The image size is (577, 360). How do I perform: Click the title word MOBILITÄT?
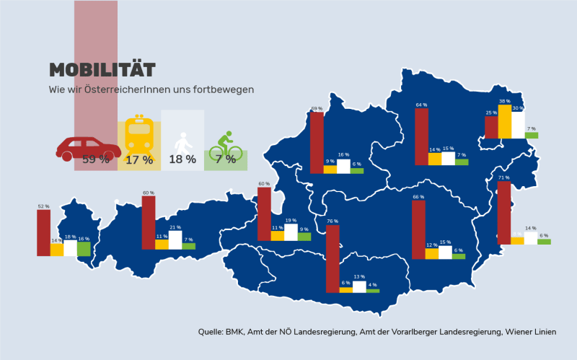tap(102, 70)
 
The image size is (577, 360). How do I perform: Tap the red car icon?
tap(88, 149)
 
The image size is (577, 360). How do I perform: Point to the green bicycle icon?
tap(226, 146)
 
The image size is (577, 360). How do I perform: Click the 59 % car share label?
tap(96, 159)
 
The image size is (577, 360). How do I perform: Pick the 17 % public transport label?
tap(139, 159)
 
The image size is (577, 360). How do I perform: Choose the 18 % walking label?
tap(182, 159)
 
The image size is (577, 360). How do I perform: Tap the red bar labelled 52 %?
tap(43, 232)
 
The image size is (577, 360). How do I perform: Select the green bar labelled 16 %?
tap(84, 248)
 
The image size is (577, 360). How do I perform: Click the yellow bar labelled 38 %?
tap(505, 121)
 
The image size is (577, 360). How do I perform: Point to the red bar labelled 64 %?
tap(421, 136)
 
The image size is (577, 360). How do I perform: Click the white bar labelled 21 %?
tap(175, 240)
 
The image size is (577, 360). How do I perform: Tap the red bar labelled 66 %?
tap(418, 229)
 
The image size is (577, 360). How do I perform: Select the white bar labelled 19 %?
tap(291, 232)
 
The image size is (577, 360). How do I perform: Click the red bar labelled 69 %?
tap(317, 142)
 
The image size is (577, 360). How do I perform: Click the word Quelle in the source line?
tap(211, 332)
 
